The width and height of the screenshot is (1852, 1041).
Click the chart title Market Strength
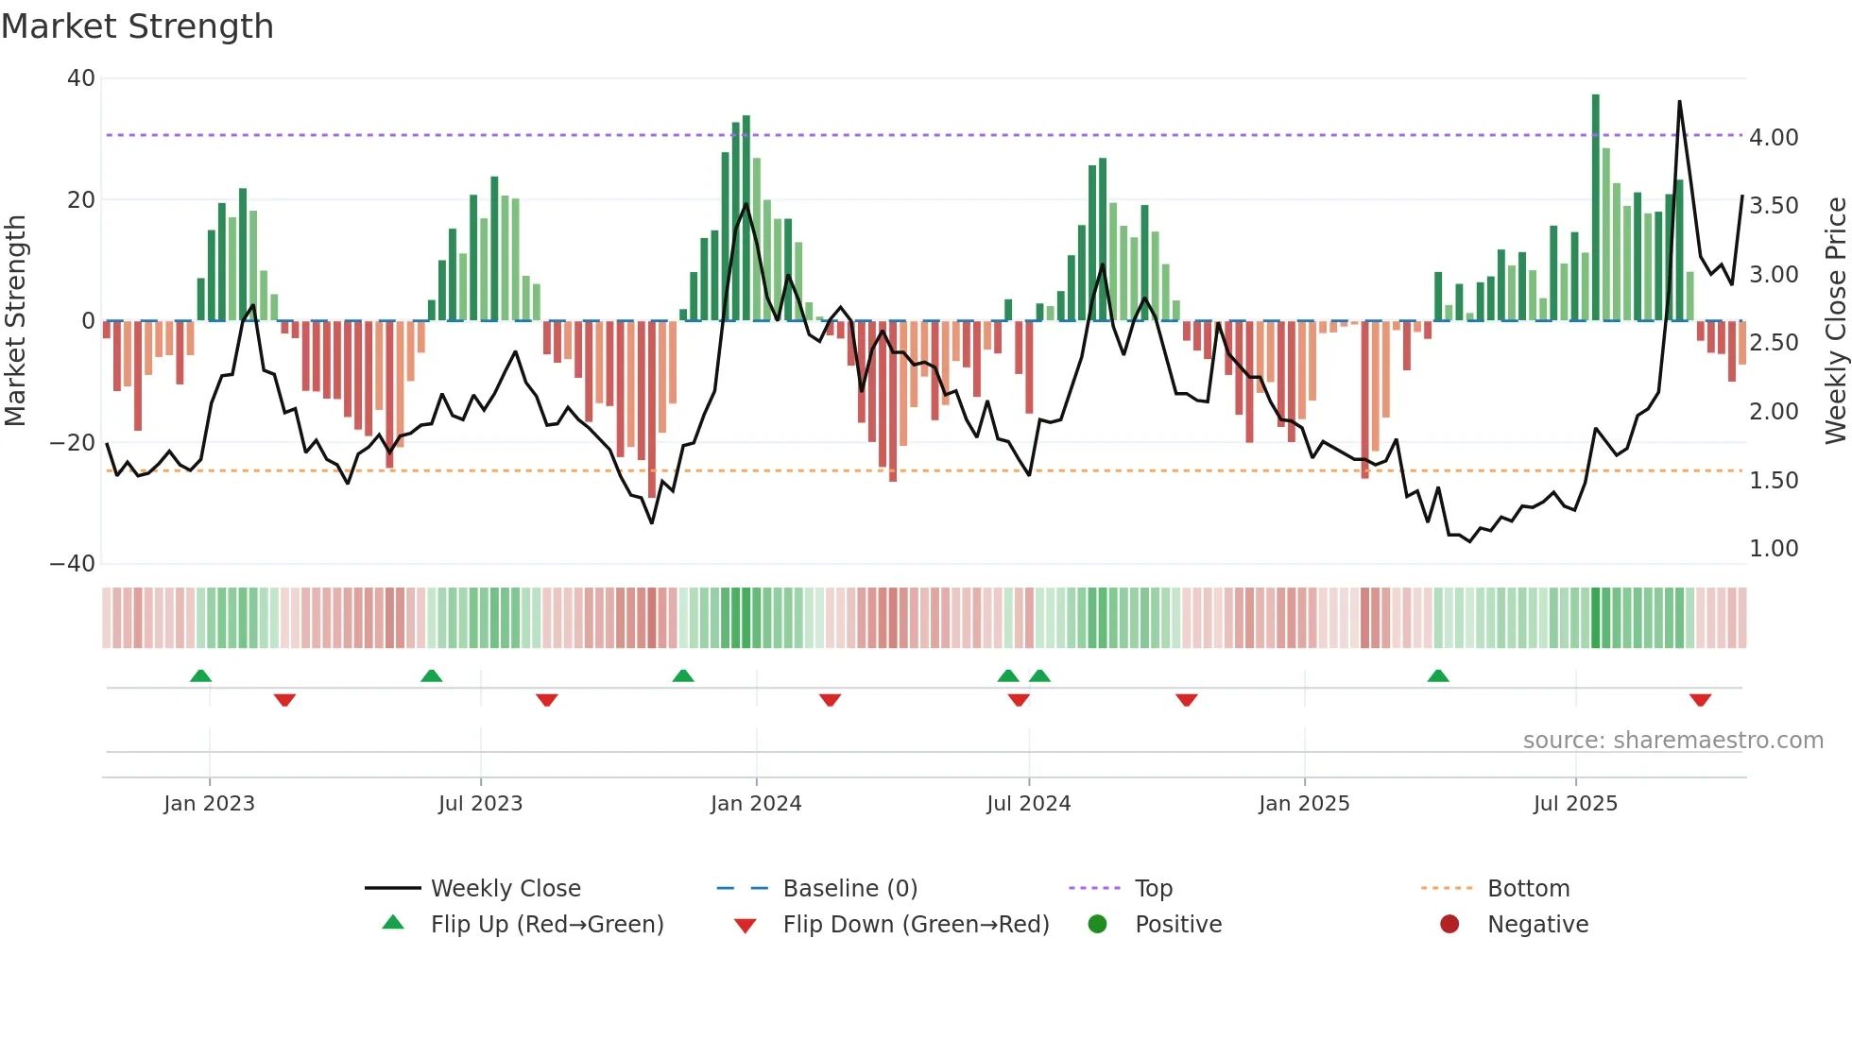click(137, 26)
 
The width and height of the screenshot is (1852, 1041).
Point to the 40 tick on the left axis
click(81, 78)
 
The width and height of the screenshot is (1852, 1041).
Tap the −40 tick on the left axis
click(73, 564)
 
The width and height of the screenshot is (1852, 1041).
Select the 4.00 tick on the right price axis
click(1774, 138)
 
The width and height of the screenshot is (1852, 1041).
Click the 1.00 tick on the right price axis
click(1774, 549)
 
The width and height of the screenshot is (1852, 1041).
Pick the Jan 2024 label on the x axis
click(756, 804)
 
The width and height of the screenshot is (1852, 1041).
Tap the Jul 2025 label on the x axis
click(1575, 804)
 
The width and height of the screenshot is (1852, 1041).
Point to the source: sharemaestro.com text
click(1672, 741)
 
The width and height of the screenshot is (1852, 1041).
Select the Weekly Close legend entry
click(506, 889)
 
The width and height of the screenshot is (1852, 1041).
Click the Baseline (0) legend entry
click(849, 889)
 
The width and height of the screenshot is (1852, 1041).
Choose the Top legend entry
click(1153, 889)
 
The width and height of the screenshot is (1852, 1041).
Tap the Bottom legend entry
click(1528, 889)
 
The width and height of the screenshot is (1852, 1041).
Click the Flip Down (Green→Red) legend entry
click(916, 925)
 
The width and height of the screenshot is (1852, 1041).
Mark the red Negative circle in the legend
click(1449, 924)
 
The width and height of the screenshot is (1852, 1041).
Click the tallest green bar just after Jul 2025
click(1596, 208)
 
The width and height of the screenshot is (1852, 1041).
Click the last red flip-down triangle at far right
click(1700, 700)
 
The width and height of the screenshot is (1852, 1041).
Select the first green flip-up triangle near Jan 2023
click(200, 675)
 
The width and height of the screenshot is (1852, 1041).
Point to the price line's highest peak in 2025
click(1679, 102)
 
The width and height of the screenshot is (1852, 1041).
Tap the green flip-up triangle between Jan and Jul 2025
click(1438, 675)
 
